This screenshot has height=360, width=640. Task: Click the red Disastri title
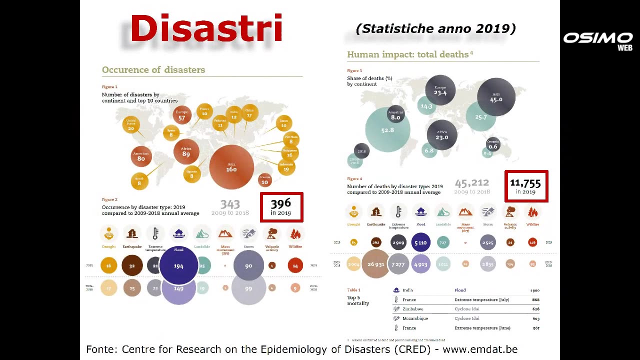pos(206,28)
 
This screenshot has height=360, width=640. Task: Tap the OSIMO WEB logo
pos(598,40)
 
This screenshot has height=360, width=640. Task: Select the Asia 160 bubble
pos(231,167)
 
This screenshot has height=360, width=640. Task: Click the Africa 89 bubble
pos(186,152)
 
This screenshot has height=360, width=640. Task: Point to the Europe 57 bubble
pos(182,115)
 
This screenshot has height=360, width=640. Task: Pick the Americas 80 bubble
pos(141,156)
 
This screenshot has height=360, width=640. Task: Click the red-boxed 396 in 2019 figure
pos(281,207)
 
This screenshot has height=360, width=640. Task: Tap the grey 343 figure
pos(230,204)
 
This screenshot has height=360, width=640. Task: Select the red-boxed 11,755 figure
pos(526,186)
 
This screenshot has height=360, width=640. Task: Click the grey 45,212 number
pos(471,183)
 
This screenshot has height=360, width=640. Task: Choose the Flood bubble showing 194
pos(178,266)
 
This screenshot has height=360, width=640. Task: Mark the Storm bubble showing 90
pos(248,265)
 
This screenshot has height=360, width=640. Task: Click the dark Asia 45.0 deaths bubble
pos(496,97)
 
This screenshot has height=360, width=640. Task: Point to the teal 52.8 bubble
pos(387,130)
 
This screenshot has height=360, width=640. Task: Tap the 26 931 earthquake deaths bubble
pos(375,264)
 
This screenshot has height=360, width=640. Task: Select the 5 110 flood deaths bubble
pos(420,242)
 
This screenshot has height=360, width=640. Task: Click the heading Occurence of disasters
pos(153,70)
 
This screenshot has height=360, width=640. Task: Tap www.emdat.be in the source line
pos(480,349)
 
